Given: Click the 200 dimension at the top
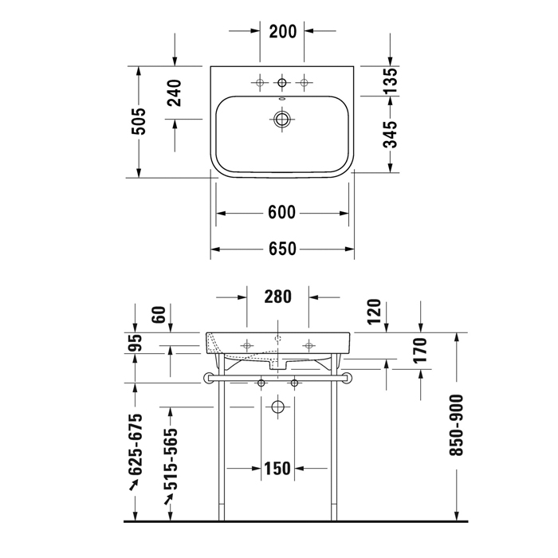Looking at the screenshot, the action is (283, 31).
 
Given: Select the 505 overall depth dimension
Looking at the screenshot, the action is (139, 121).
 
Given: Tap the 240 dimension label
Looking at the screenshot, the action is (175, 93).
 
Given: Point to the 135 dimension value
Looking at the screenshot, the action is (391, 81).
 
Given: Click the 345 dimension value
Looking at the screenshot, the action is (391, 134).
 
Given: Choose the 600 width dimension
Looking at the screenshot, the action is (281, 213).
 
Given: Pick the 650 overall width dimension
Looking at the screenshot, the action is (282, 249).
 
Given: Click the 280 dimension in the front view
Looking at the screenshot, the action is (278, 297).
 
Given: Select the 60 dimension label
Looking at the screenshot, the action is (159, 315).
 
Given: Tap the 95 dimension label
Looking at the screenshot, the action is (136, 343).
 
